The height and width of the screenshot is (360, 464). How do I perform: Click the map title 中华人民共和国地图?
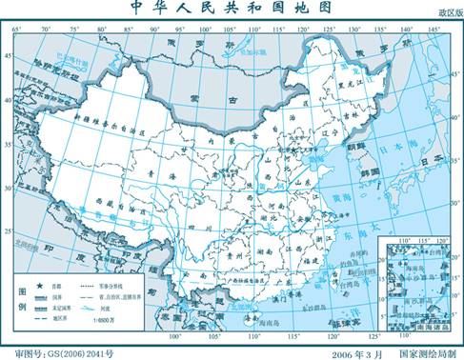232,10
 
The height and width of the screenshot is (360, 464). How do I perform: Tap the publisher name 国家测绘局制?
423,352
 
